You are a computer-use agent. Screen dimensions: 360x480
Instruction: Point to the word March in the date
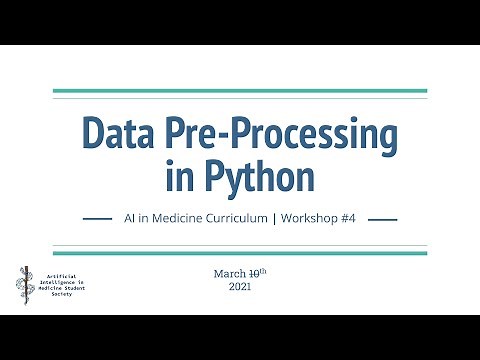pyautogui.click(x=229, y=273)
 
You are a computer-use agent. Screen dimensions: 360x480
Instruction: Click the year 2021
pyautogui.click(x=240, y=287)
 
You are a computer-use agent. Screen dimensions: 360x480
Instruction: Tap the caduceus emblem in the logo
pyautogui.click(x=24, y=283)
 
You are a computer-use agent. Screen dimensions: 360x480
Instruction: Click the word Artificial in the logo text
pyautogui.click(x=60, y=273)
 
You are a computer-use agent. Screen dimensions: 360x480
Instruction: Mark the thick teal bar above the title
pyautogui.click(x=240, y=91)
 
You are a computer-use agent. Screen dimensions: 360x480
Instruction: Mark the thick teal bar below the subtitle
pyautogui.click(x=240, y=253)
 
